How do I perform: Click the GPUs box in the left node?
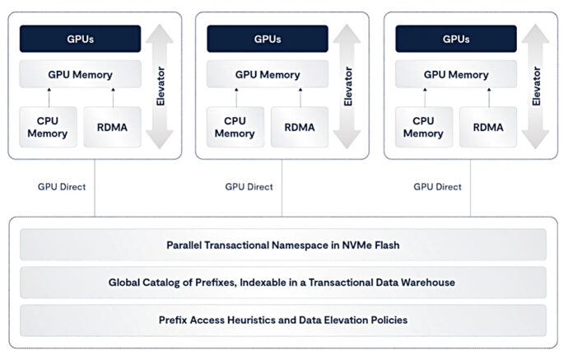(x=80, y=39)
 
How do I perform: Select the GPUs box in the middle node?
(x=268, y=39)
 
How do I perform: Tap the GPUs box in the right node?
(x=456, y=39)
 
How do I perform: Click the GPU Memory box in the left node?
(x=80, y=75)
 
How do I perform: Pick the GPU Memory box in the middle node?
(x=268, y=75)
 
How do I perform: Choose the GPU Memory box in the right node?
(x=456, y=75)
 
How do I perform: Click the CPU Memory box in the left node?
(x=48, y=128)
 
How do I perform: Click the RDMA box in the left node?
(x=112, y=128)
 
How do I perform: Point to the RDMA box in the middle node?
(x=300, y=128)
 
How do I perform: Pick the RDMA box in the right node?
(x=488, y=128)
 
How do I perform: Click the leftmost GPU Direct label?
(x=61, y=186)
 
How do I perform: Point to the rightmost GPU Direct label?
(x=437, y=186)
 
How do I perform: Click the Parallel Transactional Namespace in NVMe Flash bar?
(x=282, y=245)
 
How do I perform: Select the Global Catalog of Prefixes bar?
(x=282, y=282)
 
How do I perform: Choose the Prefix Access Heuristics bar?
(x=282, y=320)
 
